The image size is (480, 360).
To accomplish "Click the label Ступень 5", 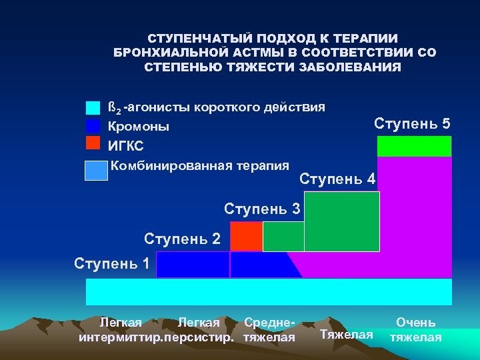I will tap(412, 124).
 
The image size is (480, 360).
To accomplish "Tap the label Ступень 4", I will tap(337, 179).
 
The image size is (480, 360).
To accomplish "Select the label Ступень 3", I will tap(262, 208).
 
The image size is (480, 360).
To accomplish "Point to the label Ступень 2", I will tap(182, 238).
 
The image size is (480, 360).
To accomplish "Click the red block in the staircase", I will tap(246, 236).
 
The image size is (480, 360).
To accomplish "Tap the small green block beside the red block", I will tap(283, 236).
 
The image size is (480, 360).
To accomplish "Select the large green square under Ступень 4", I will tap(341, 221).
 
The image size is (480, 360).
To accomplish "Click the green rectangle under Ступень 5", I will tap(414, 146).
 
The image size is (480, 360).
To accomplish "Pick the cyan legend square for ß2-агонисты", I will tap(93, 108).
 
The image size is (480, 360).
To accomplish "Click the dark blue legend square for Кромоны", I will tap(93, 125).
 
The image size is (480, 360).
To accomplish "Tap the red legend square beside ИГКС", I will tap(93, 143).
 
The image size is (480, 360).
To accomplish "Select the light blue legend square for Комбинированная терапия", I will tap(96, 171).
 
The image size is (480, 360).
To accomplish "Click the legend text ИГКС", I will tap(126, 146).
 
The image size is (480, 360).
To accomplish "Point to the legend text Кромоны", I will tap(139, 127).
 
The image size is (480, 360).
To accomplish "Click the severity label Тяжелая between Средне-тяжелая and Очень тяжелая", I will tap(347, 333).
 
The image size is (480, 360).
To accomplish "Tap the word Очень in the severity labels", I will tap(416, 323).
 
